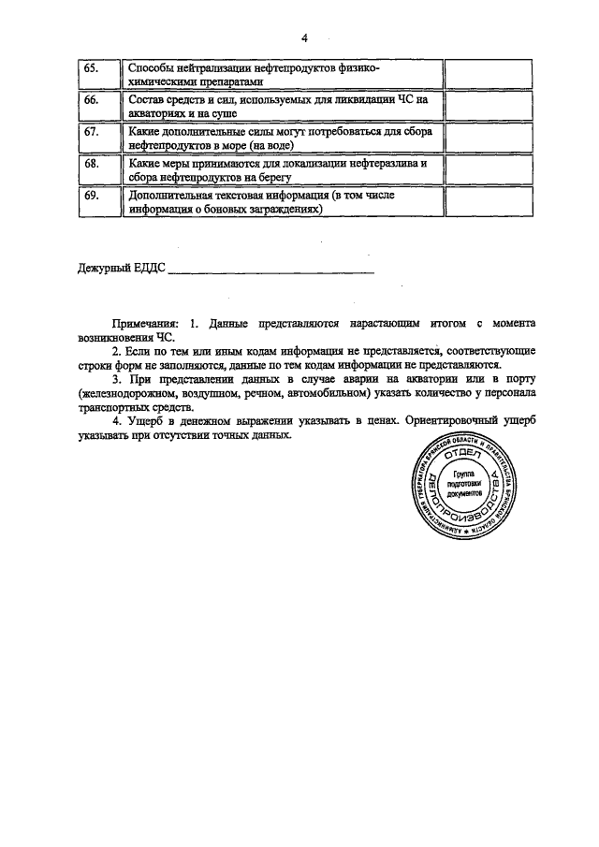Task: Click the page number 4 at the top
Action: point(304,38)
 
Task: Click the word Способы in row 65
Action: point(151,69)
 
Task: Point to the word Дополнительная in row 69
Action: point(171,196)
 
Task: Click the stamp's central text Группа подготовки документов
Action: point(465,483)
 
